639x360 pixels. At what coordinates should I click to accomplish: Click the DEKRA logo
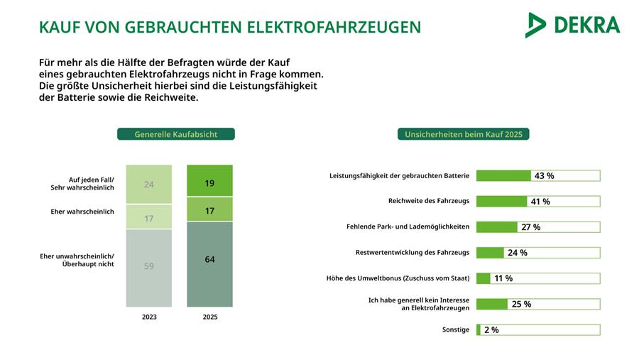572,25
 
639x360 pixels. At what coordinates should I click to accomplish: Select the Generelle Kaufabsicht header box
175,133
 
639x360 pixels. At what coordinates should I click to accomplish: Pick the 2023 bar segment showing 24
149,185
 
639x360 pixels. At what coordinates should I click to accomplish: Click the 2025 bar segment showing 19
209,183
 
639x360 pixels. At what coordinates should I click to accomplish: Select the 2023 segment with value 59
149,266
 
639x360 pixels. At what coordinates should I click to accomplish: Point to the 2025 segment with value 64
209,260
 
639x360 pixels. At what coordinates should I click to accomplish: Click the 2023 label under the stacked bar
149,317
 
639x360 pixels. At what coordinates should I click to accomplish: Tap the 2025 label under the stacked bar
209,317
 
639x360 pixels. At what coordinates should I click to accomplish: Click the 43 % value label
544,176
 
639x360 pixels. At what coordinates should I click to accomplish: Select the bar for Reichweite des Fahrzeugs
501,202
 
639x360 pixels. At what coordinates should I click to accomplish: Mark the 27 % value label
530,227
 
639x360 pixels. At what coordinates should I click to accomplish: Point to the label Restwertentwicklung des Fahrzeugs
412,252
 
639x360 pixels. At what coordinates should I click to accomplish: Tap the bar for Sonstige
479,329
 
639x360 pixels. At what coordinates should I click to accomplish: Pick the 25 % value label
521,304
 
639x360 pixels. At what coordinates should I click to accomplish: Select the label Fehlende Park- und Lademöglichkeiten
408,227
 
